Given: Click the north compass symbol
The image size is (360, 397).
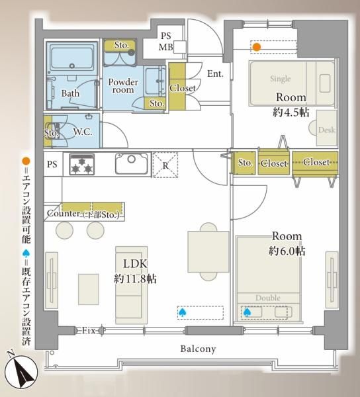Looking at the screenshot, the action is pyautogui.click(x=22, y=371).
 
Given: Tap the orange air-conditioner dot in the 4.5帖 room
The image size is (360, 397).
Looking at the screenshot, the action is pyautogui.click(x=257, y=47).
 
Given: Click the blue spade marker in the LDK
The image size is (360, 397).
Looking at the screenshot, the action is pyautogui.click(x=182, y=313).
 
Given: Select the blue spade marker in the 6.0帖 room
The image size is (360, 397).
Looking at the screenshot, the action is pyautogui.click(x=247, y=313).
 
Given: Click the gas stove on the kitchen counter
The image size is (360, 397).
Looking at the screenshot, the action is pyautogui.click(x=82, y=164).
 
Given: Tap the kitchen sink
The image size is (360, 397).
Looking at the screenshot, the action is pyautogui.click(x=132, y=163).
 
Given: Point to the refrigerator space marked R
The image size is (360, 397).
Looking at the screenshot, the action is pyautogui.click(x=165, y=165).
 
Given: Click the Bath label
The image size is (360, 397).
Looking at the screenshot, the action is pyautogui.click(x=70, y=93).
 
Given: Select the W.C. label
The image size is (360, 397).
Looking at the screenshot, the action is pyautogui.click(x=83, y=132).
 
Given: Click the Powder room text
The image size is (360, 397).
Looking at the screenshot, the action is pyautogui.click(x=123, y=86).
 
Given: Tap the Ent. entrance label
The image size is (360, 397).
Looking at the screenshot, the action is pyautogui.click(x=216, y=73).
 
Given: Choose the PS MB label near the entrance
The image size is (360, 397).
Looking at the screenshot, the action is pyautogui.click(x=166, y=42).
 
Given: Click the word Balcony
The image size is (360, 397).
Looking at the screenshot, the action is pyautogui.click(x=199, y=349).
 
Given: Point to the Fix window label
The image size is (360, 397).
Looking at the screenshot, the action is pyautogui.click(x=89, y=330).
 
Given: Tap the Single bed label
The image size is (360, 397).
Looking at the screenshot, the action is pyautogui.click(x=280, y=79).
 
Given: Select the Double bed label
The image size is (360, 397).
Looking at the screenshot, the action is pyautogui.click(x=268, y=298).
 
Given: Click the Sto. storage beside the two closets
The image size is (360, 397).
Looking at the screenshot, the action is pyautogui.click(x=245, y=163).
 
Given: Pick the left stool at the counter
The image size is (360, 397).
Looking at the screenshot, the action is pyautogui.click(x=65, y=230).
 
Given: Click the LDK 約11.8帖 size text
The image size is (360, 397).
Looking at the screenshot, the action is pyautogui.click(x=135, y=271).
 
